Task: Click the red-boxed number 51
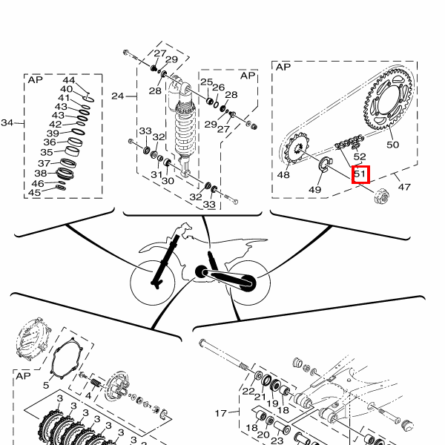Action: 360,174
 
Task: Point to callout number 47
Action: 404,187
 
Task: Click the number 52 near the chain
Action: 360,156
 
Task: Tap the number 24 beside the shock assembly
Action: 117,96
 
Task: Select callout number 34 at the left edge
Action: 7,122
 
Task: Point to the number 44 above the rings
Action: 69,80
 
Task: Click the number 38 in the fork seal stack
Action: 41,173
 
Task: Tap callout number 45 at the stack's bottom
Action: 34,192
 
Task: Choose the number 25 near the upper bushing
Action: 207,82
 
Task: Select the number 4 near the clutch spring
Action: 88,395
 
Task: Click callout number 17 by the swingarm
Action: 221,413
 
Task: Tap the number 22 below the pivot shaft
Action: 248,392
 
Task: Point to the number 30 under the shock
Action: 168,181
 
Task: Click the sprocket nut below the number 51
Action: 381,197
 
